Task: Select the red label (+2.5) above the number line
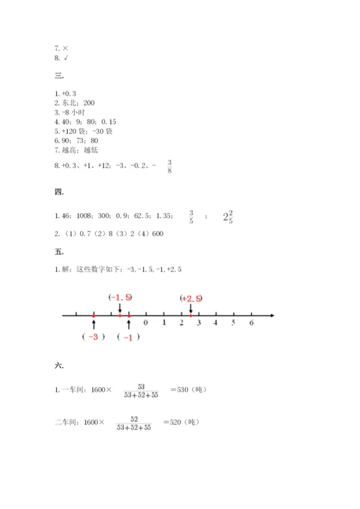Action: tap(191, 298)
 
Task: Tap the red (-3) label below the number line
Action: tap(94, 337)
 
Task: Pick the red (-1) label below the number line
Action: tap(128, 337)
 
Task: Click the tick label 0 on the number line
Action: tap(145, 323)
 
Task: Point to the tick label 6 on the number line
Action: tap(251, 323)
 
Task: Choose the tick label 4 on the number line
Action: tap(216, 323)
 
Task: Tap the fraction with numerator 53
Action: tap(132, 389)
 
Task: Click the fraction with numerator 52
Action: tap(132, 423)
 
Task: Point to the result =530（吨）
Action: tap(189, 389)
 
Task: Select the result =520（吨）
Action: tap(184, 423)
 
